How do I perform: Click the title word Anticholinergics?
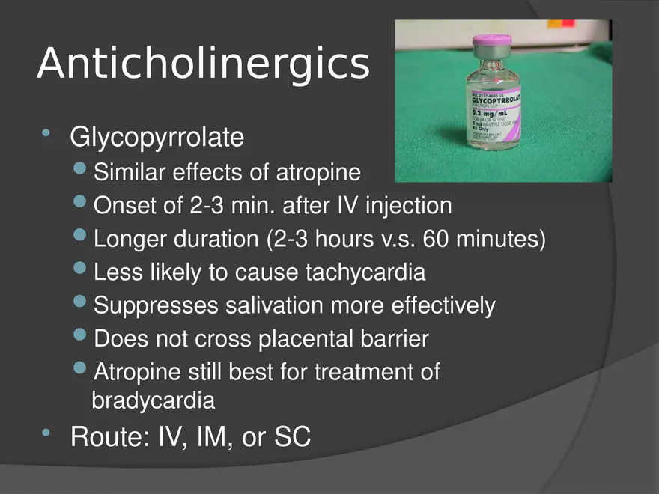(203, 64)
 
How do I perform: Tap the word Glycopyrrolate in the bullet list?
(157, 138)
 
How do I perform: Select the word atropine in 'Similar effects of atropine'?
(320, 173)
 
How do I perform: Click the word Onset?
(122, 205)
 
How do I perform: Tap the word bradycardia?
(153, 400)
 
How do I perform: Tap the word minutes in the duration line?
(501, 240)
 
